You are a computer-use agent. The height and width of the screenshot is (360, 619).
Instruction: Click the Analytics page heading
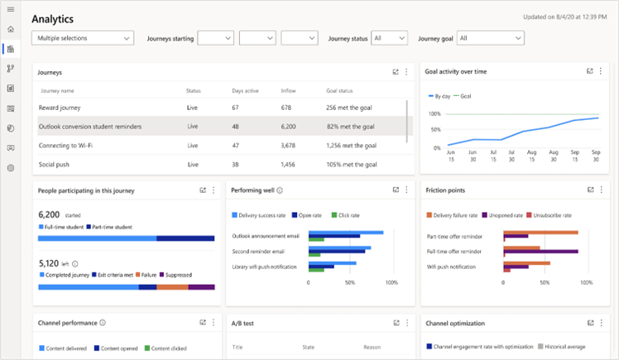(x=52, y=17)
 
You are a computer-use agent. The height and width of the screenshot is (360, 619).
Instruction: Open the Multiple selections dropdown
(x=82, y=38)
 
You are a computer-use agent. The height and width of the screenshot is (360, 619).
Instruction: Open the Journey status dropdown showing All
(x=389, y=38)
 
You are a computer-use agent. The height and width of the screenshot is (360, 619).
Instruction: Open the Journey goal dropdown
(x=491, y=38)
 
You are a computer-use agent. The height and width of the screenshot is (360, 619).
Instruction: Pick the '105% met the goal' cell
(x=352, y=165)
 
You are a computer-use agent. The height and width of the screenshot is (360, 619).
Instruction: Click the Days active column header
(x=245, y=90)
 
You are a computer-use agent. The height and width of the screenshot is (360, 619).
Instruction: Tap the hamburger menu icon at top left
(x=11, y=9)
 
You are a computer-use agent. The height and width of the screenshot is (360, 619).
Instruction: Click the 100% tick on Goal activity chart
(x=434, y=113)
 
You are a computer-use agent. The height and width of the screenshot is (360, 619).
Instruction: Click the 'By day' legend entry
(x=444, y=97)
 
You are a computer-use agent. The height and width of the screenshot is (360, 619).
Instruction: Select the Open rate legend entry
(x=308, y=215)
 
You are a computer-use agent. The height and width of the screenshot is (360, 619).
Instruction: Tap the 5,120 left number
(x=49, y=264)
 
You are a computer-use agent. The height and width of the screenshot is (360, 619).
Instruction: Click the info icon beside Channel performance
(x=103, y=323)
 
